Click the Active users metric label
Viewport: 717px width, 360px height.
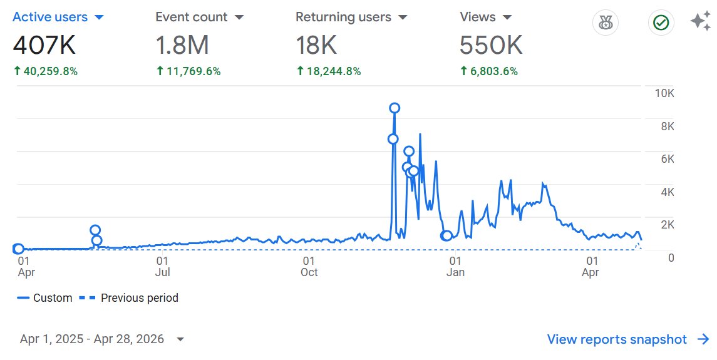[50, 17]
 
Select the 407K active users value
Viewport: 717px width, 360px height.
[46, 45]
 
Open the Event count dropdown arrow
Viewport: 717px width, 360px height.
[239, 18]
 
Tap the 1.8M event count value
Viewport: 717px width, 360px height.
[182, 45]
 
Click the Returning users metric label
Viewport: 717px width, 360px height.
[343, 17]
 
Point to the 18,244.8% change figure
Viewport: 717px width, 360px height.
[333, 71]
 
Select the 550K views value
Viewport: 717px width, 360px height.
[491, 45]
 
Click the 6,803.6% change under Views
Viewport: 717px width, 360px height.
[493, 71]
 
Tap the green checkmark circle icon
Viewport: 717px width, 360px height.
[661, 23]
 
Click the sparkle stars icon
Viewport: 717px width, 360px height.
[700, 21]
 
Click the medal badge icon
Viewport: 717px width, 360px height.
[605, 23]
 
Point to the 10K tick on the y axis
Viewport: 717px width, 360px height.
[664, 94]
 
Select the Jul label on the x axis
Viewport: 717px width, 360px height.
[162, 272]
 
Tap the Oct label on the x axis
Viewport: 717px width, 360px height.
[309, 272]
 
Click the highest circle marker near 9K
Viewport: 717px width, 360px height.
[395, 108]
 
